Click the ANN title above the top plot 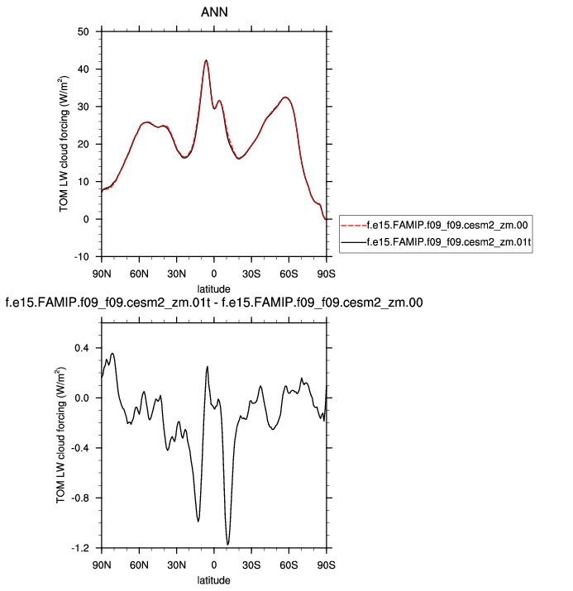pyautogui.click(x=213, y=13)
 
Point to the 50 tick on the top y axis pyautogui.click(x=83, y=31)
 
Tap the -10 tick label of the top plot pyautogui.click(x=81, y=257)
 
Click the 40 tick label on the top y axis pyautogui.click(x=83, y=69)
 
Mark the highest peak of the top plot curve pyautogui.click(x=206, y=60)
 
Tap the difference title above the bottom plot pyautogui.click(x=214, y=303)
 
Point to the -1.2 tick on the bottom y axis pyautogui.click(x=79, y=548)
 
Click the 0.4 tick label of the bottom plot pyautogui.click(x=81, y=348)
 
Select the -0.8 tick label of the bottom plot pyautogui.click(x=79, y=498)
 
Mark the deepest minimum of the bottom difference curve pyautogui.click(x=227, y=544)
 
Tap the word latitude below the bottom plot pyautogui.click(x=213, y=580)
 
